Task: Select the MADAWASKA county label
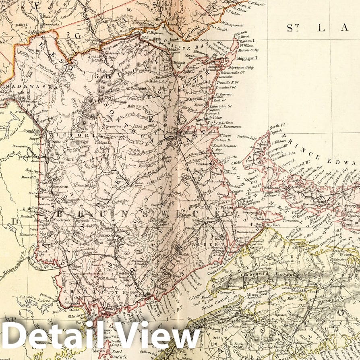[24, 86]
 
